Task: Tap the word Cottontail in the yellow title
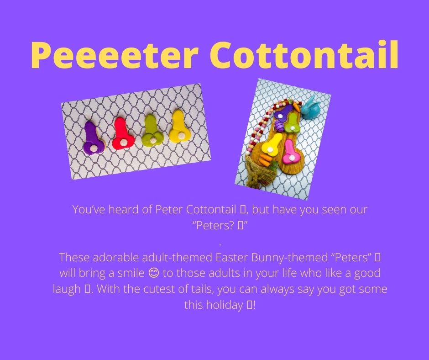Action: [x=304, y=54]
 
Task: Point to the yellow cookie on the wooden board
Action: [x=271, y=144]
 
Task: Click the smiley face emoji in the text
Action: [x=153, y=273]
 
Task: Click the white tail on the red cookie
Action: [x=124, y=142]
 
